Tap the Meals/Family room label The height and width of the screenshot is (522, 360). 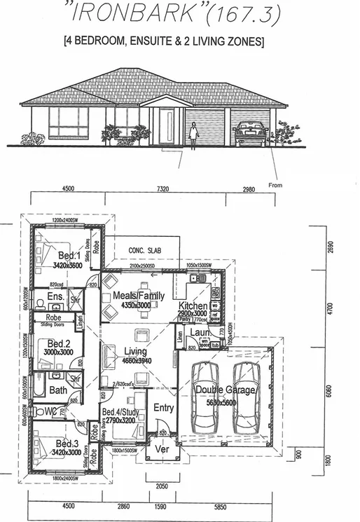pos(139,296)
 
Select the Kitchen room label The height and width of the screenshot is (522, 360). pos(193,307)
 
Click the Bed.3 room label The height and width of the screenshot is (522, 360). pos(67,444)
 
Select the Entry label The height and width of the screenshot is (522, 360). pos(163,408)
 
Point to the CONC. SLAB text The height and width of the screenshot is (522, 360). pos(144,250)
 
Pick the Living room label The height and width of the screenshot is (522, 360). pos(135,352)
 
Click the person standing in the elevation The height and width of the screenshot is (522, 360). pos(194,132)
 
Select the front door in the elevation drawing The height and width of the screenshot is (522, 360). pos(168,126)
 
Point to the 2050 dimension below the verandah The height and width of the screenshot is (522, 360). pos(162,485)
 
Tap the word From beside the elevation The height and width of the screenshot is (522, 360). pos(275,186)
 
